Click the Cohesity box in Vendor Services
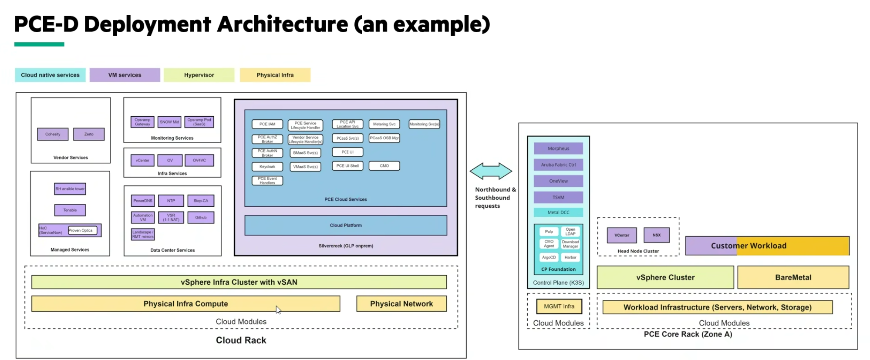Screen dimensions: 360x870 point(53,134)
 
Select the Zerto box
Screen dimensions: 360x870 point(89,134)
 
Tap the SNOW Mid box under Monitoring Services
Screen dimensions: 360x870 point(169,122)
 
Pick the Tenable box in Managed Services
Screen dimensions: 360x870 point(70,210)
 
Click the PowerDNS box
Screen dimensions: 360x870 point(143,201)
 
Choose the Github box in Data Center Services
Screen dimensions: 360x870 point(201,217)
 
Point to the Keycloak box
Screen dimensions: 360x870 point(267,166)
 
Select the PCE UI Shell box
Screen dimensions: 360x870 point(347,166)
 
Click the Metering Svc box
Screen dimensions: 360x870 point(384,124)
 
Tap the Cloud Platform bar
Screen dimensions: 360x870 point(346,225)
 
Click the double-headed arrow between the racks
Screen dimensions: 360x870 point(491,171)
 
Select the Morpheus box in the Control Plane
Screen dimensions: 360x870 point(558,148)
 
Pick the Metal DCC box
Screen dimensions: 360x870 point(558,212)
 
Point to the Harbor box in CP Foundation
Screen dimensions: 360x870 point(570,257)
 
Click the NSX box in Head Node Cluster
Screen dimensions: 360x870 point(656,235)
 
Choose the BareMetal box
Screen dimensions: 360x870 point(793,277)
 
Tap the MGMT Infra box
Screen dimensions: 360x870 point(559,306)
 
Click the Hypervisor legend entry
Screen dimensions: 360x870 point(199,75)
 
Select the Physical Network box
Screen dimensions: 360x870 point(401,303)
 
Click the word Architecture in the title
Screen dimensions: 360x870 point(283,24)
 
